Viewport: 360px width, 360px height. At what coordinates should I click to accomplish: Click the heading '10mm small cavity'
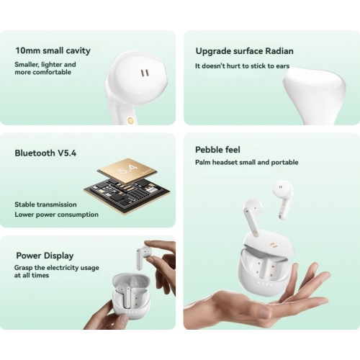pyautogui.click(x=53, y=51)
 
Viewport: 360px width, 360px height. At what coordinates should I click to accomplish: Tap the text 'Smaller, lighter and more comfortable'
pyautogui.click(x=45, y=68)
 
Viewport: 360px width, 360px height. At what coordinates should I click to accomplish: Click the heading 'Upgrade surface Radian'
pyautogui.click(x=244, y=51)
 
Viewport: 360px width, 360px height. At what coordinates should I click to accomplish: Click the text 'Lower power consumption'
pyautogui.click(x=56, y=214)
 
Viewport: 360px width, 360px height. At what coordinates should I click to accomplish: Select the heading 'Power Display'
pyautogui.click(x=45, y=256)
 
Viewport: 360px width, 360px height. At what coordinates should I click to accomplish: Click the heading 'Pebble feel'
pyautogui.click(x=217, y=150)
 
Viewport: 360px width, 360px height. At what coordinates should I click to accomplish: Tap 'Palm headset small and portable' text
pyautogui.click(x=246, y=163)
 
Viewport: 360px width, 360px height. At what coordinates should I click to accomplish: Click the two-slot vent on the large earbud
pyautogui.click(x=145, y=73)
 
